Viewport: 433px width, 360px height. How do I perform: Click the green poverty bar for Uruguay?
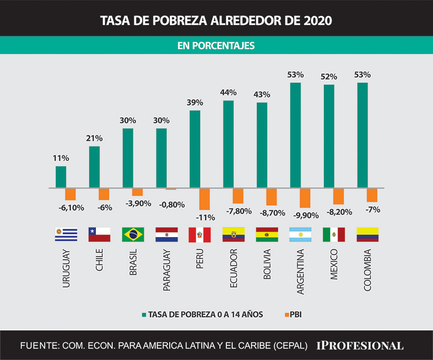click(61, 177)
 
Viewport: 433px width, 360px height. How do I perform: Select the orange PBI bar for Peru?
click(204, 199)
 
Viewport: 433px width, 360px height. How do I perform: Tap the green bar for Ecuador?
click(228, 144)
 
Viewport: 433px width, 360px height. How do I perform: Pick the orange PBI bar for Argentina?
click(305, 198)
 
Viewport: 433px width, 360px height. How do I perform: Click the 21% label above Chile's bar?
click(94, 139)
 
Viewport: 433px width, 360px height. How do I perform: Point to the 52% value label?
click(329, 77)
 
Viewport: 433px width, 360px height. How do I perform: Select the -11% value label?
click(204, 217)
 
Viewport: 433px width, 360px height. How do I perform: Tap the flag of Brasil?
click(133, 235)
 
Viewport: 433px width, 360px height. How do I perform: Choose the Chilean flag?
click(99, 235)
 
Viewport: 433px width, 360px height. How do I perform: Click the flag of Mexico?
click(334, 235)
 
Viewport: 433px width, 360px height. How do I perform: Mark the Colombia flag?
click(367, 235)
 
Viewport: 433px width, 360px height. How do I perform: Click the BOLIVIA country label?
click(267, 264)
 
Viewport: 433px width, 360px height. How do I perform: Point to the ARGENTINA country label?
click(300, 271)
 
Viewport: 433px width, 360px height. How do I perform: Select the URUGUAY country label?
click(66, 269)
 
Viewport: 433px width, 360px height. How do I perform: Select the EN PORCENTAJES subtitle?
click(216, 46)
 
